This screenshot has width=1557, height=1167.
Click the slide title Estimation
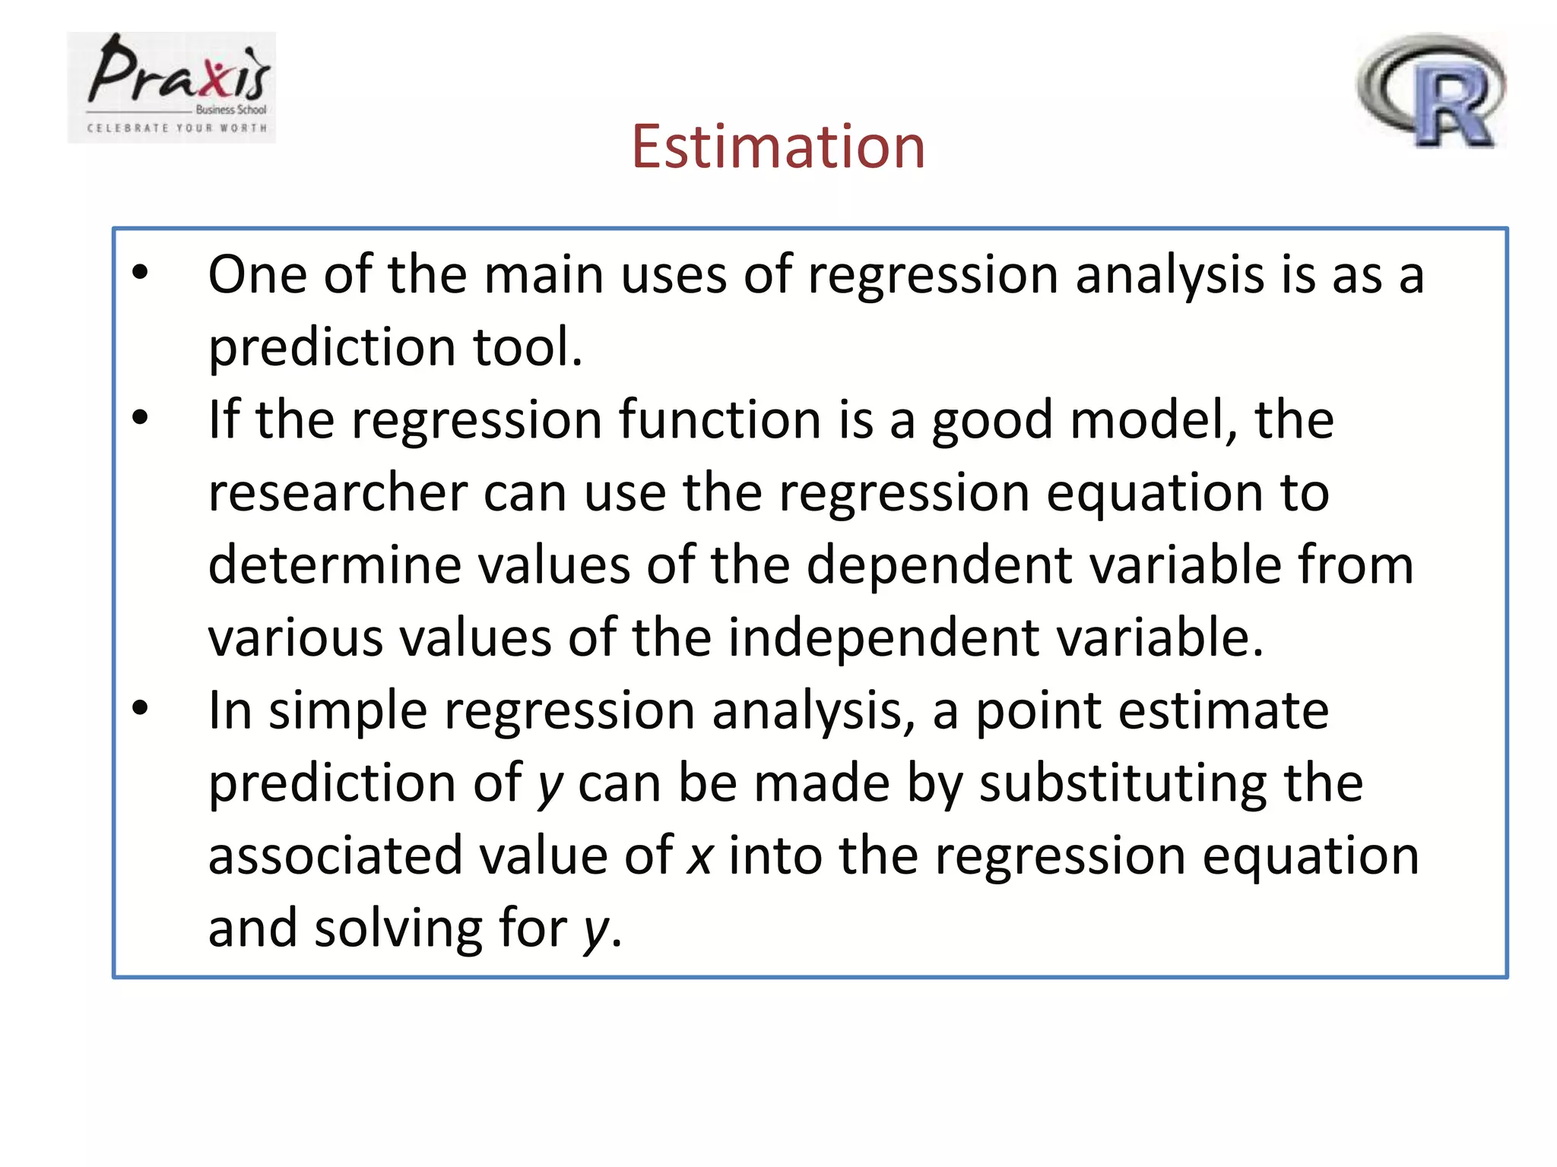click(778, 147)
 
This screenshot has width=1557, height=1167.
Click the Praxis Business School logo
click(173, 87)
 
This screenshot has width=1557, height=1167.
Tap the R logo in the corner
click(1431, 90)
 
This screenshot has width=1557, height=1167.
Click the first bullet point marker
click(140, 272)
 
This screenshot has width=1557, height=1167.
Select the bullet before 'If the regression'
click(140, 417)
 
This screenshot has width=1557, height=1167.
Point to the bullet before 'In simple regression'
click(140, 708)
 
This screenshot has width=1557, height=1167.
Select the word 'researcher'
click(337, 492)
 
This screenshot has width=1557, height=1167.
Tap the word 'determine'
click(335, 565)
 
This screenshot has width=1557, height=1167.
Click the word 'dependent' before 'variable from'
click(938, 565)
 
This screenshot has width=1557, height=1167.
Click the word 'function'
click(720, 419)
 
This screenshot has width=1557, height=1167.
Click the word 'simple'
click(347, 712)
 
